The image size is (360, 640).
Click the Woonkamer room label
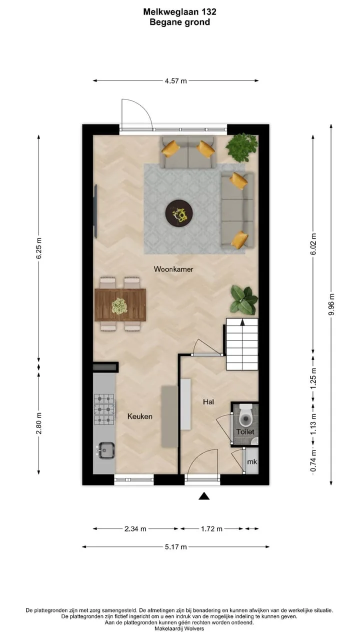(x=173, y=269)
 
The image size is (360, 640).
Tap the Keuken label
(x=139, y=416)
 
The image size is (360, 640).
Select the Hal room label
(x=208, y=401)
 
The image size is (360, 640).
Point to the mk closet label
(x=251, y=461)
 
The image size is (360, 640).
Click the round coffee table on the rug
(x=179, y=213)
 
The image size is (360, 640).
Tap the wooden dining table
(x=120, y=305)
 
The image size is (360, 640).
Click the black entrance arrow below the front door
(x=204, y=496)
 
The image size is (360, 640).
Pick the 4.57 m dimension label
(x=175, y=81)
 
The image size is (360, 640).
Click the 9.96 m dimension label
(x=331, y=304)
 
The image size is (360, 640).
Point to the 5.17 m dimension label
(x=175, y=547)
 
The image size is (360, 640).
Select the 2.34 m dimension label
(x=135, y=529)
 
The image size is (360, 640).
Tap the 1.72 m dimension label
(x=211, y=529)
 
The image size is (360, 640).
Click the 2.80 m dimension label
(x=39, y=423)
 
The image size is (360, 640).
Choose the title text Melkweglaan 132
(x=179, y=11)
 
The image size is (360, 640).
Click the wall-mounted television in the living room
(x=95, y=211)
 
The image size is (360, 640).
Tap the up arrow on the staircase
(x=242, y=322)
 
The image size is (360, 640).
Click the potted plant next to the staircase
(x=244, y=300)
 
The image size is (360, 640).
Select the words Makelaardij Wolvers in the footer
(x=179, y=628)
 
